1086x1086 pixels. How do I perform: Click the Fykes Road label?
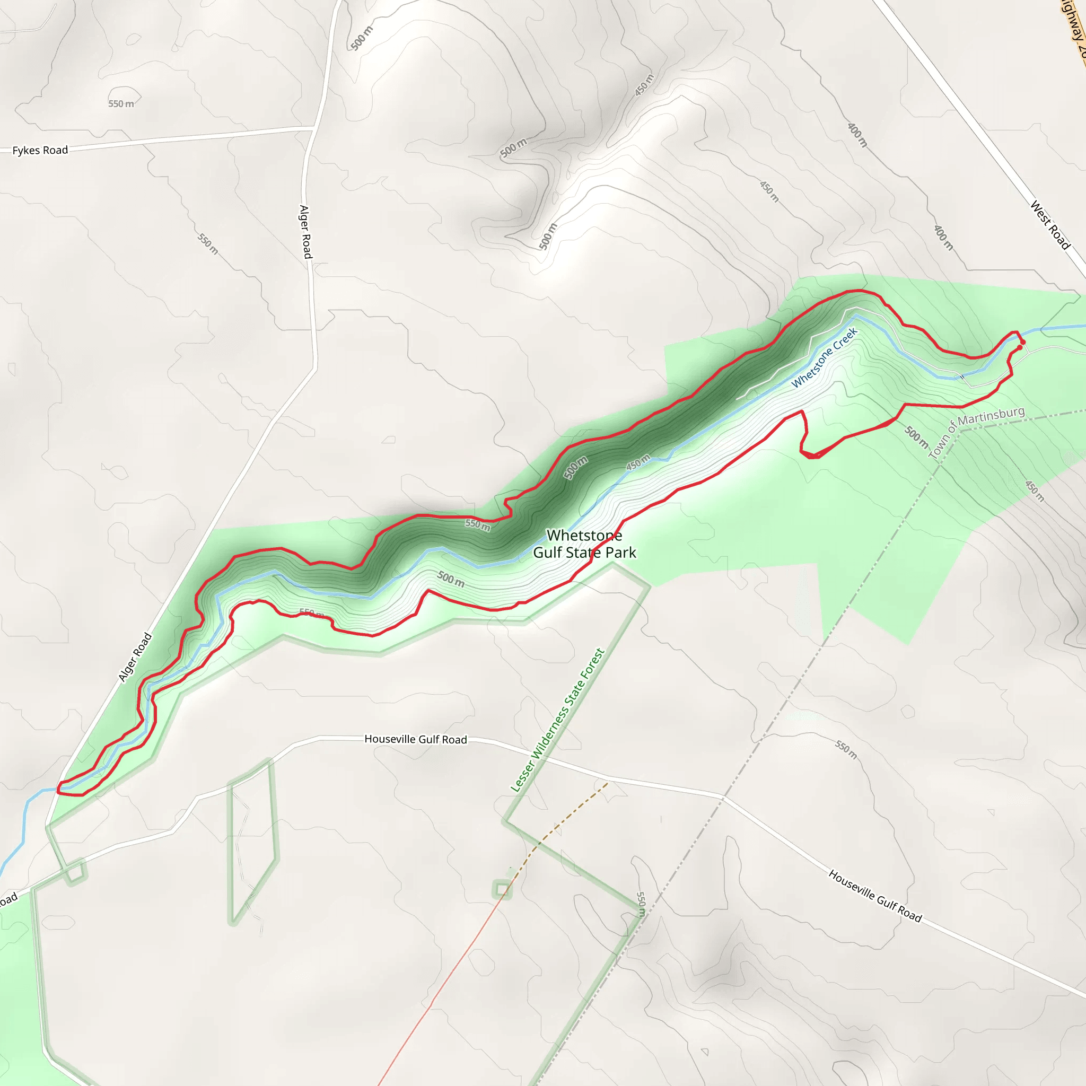coord(40,150)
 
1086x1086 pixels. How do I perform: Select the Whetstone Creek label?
coord(824,357)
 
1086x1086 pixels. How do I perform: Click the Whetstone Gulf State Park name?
coord(584,544)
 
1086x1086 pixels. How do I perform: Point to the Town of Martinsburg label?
coord(976,431)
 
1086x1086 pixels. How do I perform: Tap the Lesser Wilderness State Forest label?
coord(557,721)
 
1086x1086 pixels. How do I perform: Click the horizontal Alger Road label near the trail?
coord(135,657)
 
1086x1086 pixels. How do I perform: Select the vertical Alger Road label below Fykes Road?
coord(305,232)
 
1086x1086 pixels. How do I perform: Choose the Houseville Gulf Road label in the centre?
coord(415,739)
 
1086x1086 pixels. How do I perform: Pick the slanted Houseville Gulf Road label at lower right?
coord(874,896)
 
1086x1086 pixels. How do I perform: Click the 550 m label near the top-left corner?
coord(121,103)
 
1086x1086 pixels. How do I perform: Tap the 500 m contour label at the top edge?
coord(362,38)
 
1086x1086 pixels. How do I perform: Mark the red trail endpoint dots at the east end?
coord(1021,344)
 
